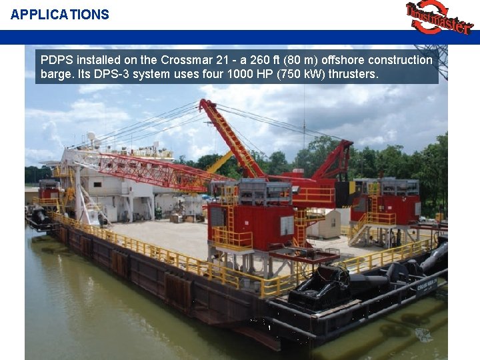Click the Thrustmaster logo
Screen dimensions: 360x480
438,18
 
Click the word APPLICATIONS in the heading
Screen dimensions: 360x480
59,15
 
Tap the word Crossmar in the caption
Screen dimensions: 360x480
187,60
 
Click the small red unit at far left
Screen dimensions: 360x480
48,190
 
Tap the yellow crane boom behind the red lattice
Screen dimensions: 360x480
221,162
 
